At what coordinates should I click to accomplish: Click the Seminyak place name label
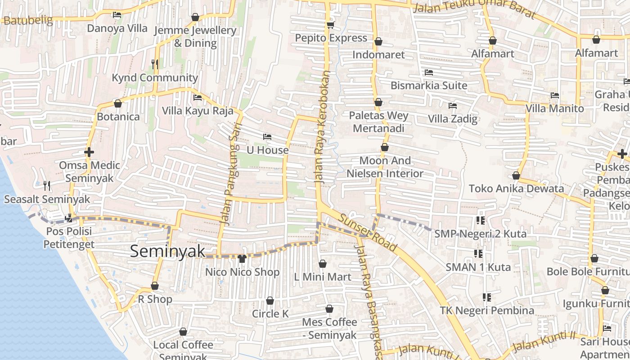(x=167, y=251)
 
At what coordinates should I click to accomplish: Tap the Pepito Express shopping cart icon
(x=331, y=25)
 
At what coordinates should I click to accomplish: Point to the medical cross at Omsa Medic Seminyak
(x=89, y=152)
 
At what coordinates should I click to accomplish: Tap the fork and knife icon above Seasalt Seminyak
(x=46, y=185)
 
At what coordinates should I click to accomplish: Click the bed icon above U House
(x=267, y=136)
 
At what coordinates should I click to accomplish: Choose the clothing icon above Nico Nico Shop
(x=242, y=259)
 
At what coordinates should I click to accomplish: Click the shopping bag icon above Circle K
(x=270, y=301)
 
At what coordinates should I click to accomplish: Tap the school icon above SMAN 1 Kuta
(x=478, y=254)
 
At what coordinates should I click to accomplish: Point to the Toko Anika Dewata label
(x=516, y=188)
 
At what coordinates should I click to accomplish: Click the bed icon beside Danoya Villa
(x=117, y=15)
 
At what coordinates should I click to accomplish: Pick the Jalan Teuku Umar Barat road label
(x=475, y=9)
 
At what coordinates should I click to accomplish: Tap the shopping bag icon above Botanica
(x=118, y=103)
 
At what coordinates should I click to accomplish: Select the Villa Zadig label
(x=452, y=119)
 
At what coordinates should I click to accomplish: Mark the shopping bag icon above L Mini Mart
(x=323, y=264)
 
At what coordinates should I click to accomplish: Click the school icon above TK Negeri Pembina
(x=486, y=297)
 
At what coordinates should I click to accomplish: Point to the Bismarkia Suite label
(x=429, y=85)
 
